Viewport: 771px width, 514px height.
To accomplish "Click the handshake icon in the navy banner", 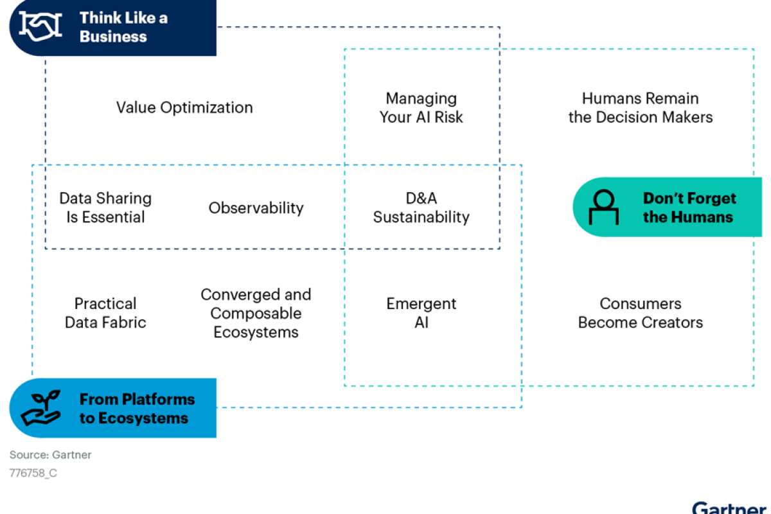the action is pos(40,26).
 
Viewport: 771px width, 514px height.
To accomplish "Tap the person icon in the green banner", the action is pos(604,207).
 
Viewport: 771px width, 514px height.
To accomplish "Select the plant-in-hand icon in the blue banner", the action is pos(41,408).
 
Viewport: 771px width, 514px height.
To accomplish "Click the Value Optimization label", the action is pos(184,107).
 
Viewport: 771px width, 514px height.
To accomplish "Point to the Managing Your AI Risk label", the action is pos(421,108).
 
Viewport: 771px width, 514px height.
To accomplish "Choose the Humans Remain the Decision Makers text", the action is pos(641,108).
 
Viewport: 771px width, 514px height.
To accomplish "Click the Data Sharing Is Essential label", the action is pos(105,208).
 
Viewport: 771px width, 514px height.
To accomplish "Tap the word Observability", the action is pos(256,208).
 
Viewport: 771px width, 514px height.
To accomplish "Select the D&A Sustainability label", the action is pos(421,208).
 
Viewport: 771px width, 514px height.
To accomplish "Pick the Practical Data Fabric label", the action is pos(105,313).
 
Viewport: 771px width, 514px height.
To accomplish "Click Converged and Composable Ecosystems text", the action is pos(256,314).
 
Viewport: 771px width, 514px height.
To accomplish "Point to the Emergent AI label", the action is pos(421,313).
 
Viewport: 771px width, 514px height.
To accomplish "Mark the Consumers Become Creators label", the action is pos(641,313).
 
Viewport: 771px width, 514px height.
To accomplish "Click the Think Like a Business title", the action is pos(123,27).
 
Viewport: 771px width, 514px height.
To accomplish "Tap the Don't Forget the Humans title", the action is pos(689,208).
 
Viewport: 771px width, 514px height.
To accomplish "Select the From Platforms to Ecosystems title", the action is pos(137,409).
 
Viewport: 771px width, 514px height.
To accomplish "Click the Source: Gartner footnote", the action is pos(50,455).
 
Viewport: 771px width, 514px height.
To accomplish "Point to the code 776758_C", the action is pos(33,473).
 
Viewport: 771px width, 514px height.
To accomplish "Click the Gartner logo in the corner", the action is pos(729,508).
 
